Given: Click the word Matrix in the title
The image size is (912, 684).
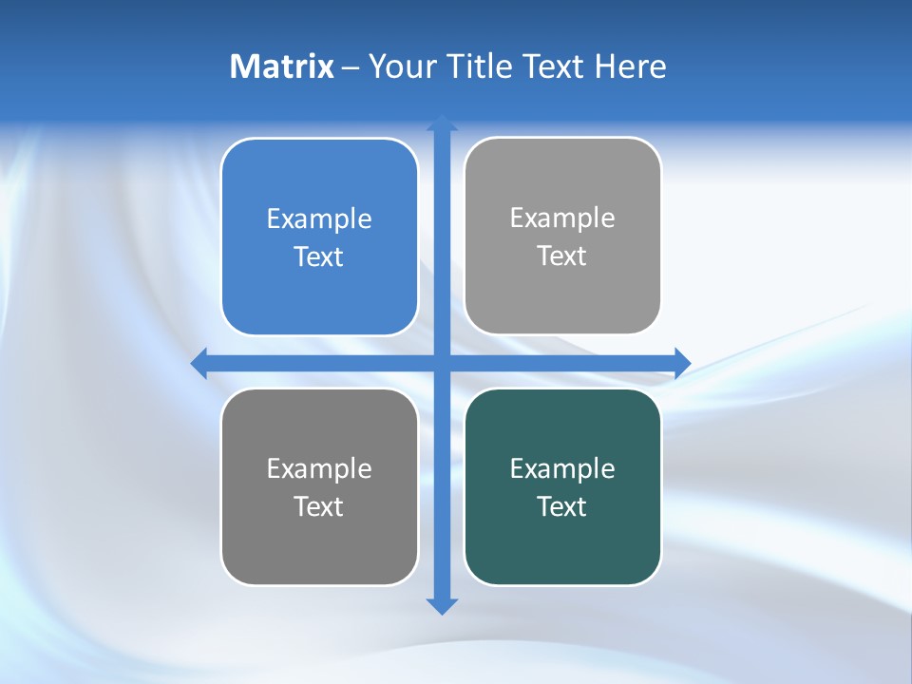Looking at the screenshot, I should (x=281, y=66).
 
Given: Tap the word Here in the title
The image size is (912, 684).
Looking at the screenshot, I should (x=630, y=66).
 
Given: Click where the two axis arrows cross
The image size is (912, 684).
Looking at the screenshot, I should (x=442, y=363).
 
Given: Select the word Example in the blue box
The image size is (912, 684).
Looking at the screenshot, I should (x=319, y=219).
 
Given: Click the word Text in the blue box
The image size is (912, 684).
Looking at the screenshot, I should (x=319, y=257).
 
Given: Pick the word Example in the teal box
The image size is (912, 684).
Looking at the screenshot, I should (x=562, y=468).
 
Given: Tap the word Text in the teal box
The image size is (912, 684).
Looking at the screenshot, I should (x=562, y=506).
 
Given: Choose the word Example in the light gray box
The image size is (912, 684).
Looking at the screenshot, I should (x=562, y=218).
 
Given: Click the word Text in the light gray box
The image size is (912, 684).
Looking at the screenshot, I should (x=562, y=256).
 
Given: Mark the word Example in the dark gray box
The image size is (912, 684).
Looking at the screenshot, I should (x=319, y=468).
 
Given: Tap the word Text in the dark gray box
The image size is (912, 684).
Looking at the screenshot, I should (x=319, y=506).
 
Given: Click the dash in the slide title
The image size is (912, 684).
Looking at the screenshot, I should (x=351, y=67).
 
